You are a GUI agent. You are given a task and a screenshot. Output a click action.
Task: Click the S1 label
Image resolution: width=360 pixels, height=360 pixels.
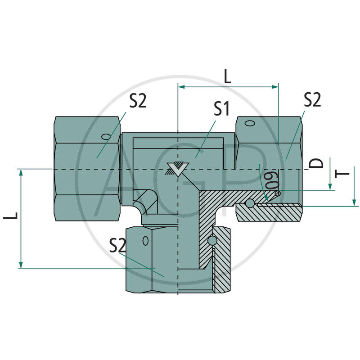click(221, 109)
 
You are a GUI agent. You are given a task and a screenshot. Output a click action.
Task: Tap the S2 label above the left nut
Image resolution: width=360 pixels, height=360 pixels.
click(138, 101)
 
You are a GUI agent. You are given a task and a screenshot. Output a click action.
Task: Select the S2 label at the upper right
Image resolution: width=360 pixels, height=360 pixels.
click(312, 99)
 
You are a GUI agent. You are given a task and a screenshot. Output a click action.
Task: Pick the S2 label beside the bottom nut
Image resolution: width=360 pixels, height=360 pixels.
click(117, 245)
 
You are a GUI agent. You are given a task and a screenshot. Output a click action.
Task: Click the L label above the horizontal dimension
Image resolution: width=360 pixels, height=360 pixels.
click(227, 76)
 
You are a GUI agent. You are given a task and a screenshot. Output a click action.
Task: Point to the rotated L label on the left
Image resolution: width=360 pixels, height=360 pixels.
click(10, 216)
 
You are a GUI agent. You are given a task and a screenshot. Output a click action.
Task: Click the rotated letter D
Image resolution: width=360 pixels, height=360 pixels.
click(316, 163)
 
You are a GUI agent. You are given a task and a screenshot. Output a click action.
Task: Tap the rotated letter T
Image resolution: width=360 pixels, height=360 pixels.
click(342, 174)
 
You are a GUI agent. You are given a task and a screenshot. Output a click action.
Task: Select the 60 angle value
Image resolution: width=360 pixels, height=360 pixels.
click(272, 180)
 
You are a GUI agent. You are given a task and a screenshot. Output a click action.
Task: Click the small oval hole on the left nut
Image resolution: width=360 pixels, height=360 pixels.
click(106, 137)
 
